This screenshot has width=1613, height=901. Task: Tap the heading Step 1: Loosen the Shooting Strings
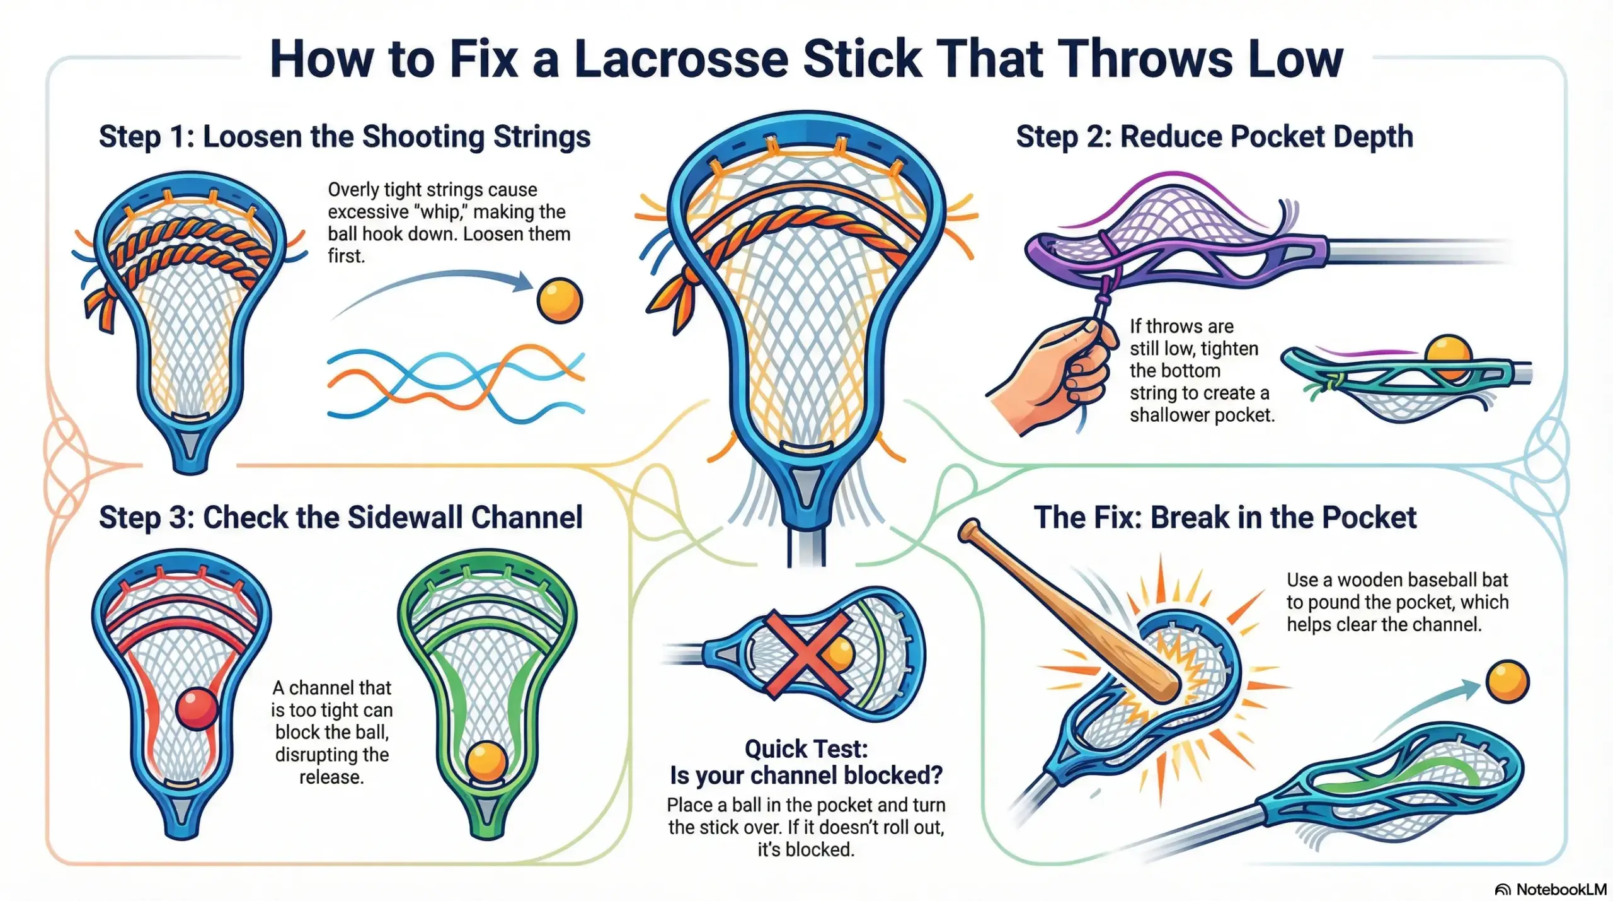point(345,137)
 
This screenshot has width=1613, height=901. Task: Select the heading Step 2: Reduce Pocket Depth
point(1214,137)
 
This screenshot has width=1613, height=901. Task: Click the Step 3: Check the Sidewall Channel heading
point(340,518)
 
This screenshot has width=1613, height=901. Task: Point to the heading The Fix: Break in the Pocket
point(1225,518)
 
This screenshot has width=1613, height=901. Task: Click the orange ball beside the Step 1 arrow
point(560,301)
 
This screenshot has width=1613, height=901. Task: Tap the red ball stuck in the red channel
point(197,709)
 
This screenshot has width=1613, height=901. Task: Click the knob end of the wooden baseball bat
point(970,531)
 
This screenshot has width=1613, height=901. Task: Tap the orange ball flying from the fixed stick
point(1507,682)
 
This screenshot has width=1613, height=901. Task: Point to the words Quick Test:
point(806,749)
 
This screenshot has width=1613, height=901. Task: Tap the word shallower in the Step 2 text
point(1170,415)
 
